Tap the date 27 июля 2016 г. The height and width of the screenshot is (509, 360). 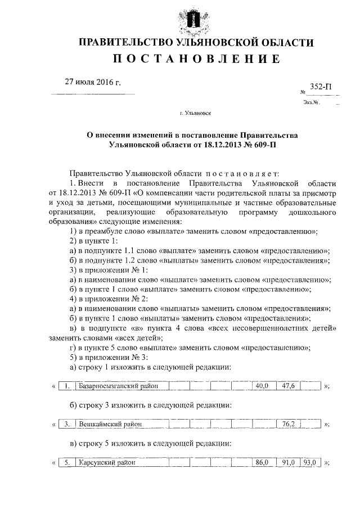(x=93, y=83)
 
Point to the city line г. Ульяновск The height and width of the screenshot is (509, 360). (x=195, y=113)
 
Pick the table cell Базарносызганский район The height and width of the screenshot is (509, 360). (x=116, y=386)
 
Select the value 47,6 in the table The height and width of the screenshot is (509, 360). (x=289, y=386)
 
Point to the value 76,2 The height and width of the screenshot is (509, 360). (x=289, y=424)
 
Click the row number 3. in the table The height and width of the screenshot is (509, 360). (x=67, y=424)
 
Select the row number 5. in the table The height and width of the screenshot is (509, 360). (x=67, y=462)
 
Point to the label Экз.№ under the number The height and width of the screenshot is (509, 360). (x=310, y=102)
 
